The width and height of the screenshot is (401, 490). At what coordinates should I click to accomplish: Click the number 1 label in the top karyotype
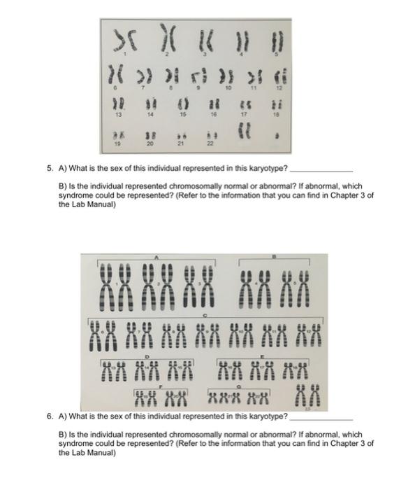(126, 54)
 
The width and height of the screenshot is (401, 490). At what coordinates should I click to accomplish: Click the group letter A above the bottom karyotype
(156, 256)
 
